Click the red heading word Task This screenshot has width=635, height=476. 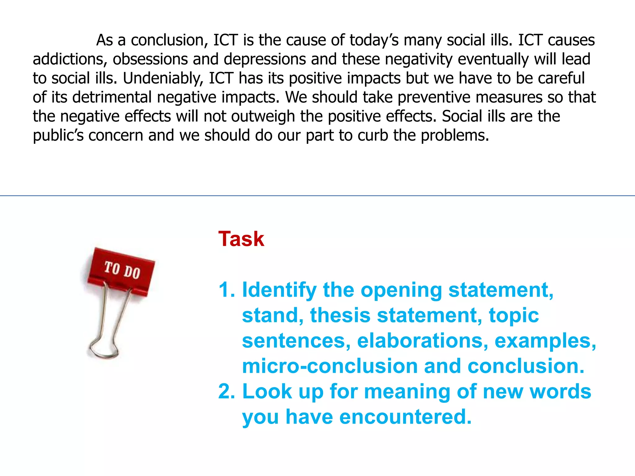pyautogui.click(x=241, y=239)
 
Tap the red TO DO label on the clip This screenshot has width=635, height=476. pyautogui.click(x=122, y=270)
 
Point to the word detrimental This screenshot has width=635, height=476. pyautogui.click(x=112, y=97)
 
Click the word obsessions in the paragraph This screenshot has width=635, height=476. pyautogui.click(x=150, y=59)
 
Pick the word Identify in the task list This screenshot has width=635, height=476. pyautogui.click(x=279, y=290)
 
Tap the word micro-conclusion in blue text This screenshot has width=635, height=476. pyautogui.click(x=330, y=366)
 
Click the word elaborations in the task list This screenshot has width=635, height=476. pyautogui.click(x=422, y=341)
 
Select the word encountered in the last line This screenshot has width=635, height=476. pyautogui.click(x=405, y=417)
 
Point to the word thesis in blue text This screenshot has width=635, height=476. pyautogui.click(x=340, y=315)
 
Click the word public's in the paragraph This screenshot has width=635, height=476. pyautogui.click(x=58, y=136)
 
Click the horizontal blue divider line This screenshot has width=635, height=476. pyautogui.click(x=317, y=196)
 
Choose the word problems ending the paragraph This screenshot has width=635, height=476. pyautogui.click(x=454, y=136)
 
